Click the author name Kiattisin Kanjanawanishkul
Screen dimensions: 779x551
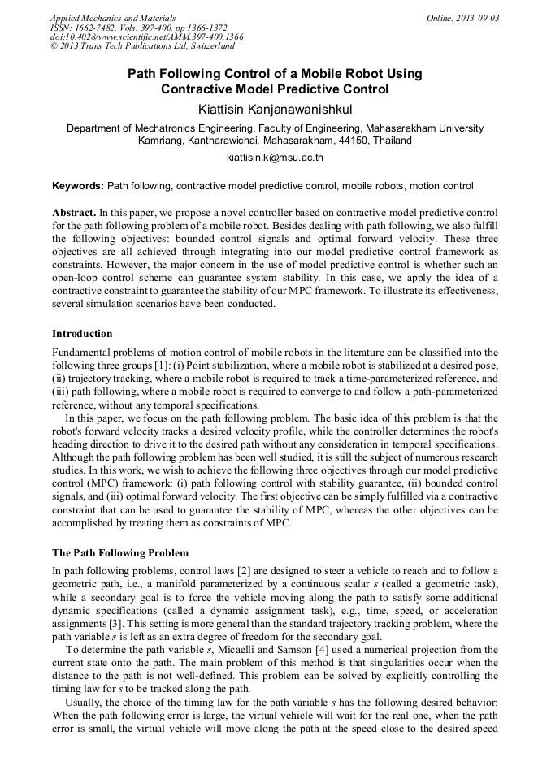[275, 109]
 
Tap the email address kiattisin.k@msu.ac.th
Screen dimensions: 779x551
[275, 158]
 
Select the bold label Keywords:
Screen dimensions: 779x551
[78, 186]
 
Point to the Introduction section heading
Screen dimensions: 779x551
[82, 334]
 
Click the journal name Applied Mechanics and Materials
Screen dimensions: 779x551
[112, 18]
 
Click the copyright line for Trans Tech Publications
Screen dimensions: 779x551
[142, 47]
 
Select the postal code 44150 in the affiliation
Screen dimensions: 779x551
[351, 141]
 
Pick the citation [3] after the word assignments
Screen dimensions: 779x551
[109, 624]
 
